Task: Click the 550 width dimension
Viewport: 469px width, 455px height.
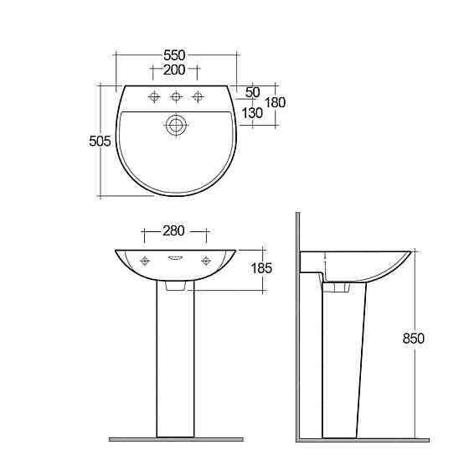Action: coord(174,55)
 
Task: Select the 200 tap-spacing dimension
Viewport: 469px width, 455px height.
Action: coord(174,70)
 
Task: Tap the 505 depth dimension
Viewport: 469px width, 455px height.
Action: coord(100,141)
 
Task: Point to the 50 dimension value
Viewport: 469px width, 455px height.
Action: coord(253,92)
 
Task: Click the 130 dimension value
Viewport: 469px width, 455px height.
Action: coord(252,113)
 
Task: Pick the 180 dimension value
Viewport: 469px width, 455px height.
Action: coord(276,103)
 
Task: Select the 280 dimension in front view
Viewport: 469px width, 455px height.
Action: coord(174,230)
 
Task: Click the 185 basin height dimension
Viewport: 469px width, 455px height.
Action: coord(261,268)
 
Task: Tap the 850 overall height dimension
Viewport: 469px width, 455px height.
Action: coord(414,339)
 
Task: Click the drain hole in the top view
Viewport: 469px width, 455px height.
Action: coord(176,126)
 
